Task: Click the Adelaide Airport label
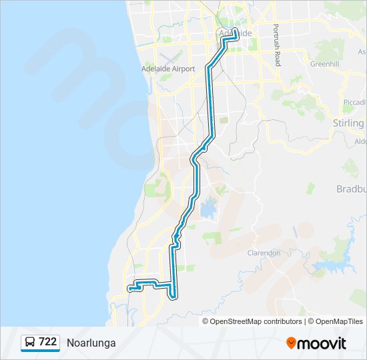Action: click(x=168, y=69)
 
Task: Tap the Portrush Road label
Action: click(x=276, y=45)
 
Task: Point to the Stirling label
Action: click(x=348, y=123)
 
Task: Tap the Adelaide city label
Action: click(x=236, y=33)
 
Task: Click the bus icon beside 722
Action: click(x=31, y=342)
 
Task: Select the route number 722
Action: click(x=47, y=342)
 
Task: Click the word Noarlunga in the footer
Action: click(x=91, y=343)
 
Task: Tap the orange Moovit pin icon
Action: click(x=291, y=343)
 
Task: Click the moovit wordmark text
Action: click(x=322, y=343)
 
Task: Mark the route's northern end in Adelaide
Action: click(x=235, y=30)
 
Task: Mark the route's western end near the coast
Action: click(x=129, y=289)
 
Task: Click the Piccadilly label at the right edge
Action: click(x=354, y=102)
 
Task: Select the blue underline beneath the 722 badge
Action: click(x=40, y=351)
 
